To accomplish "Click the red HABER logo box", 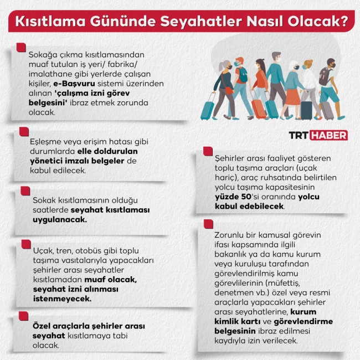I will pyautogui.click(x=328, y=135).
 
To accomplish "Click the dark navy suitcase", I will pyautogui.click(x=306, y=110).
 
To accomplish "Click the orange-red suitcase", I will pyautogui.click(x=258, y=107).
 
